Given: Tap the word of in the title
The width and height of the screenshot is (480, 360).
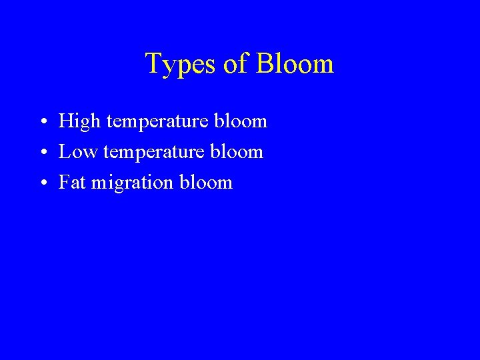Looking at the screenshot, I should [235, 64].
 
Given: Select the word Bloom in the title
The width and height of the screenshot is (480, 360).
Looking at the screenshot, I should [294, 64].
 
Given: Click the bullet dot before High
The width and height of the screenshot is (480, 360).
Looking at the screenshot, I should [42, 122].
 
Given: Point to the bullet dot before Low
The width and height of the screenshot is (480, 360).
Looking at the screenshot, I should [42, 153].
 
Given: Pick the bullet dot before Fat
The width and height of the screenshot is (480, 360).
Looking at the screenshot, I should [42, 183].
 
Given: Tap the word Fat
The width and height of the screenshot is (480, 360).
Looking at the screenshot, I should [72, 183].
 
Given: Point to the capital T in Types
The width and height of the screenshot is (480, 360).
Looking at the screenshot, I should [153, 64].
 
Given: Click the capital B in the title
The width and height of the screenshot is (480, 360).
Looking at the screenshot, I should [263, 64].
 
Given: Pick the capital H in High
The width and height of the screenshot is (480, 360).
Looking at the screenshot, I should [65, 121].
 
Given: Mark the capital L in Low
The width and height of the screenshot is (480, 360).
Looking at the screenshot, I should [64, 152].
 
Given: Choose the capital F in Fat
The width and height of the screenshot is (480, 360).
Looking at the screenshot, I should [64, 183].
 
